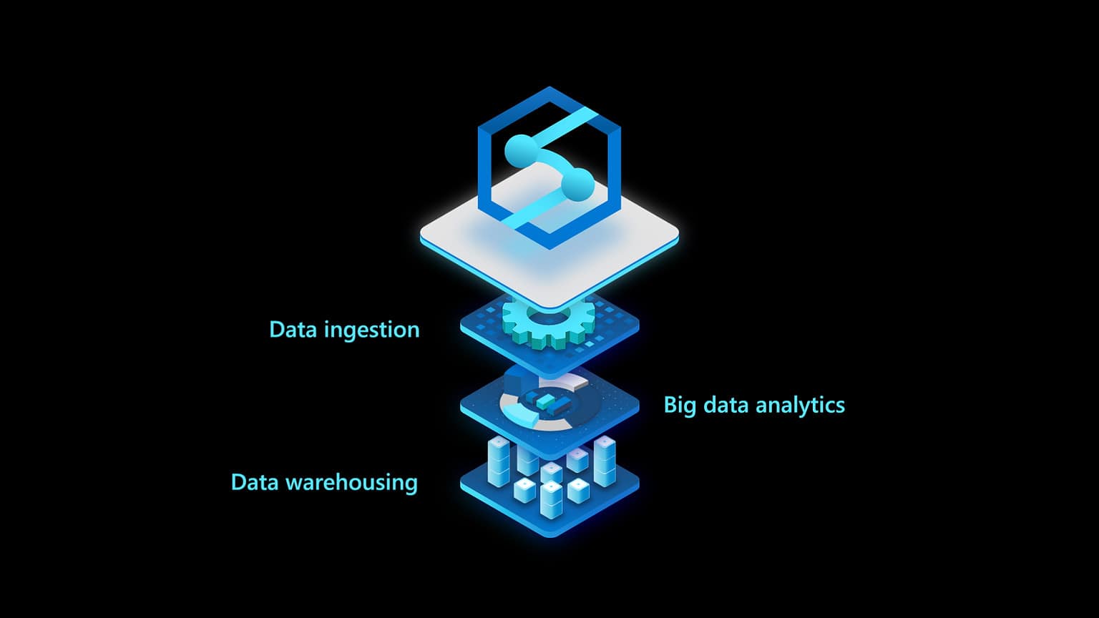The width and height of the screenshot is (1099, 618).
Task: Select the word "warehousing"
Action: point(351,482)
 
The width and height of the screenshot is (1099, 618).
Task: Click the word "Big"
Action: point(680,406)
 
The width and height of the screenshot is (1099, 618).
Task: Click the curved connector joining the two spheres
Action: point(551,161)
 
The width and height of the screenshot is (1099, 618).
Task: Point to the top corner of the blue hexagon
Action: point(549,89)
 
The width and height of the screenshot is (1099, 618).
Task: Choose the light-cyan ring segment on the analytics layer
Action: point(518,414)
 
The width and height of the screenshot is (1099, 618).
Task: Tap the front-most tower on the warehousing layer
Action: point(551,499)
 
